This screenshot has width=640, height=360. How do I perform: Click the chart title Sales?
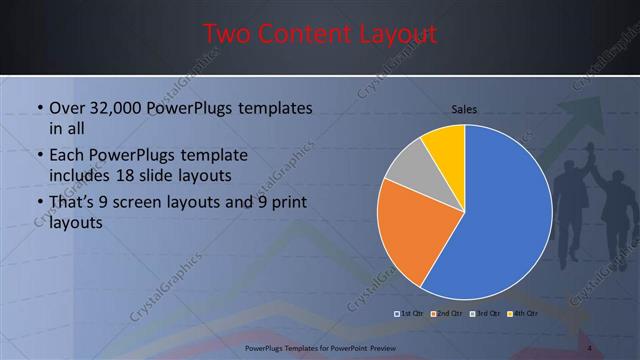464,108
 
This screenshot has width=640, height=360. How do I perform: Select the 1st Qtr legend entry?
411,314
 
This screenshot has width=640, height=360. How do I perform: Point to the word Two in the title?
225,34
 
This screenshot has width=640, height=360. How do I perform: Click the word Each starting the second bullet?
67,156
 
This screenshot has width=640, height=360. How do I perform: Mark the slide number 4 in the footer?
590,347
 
